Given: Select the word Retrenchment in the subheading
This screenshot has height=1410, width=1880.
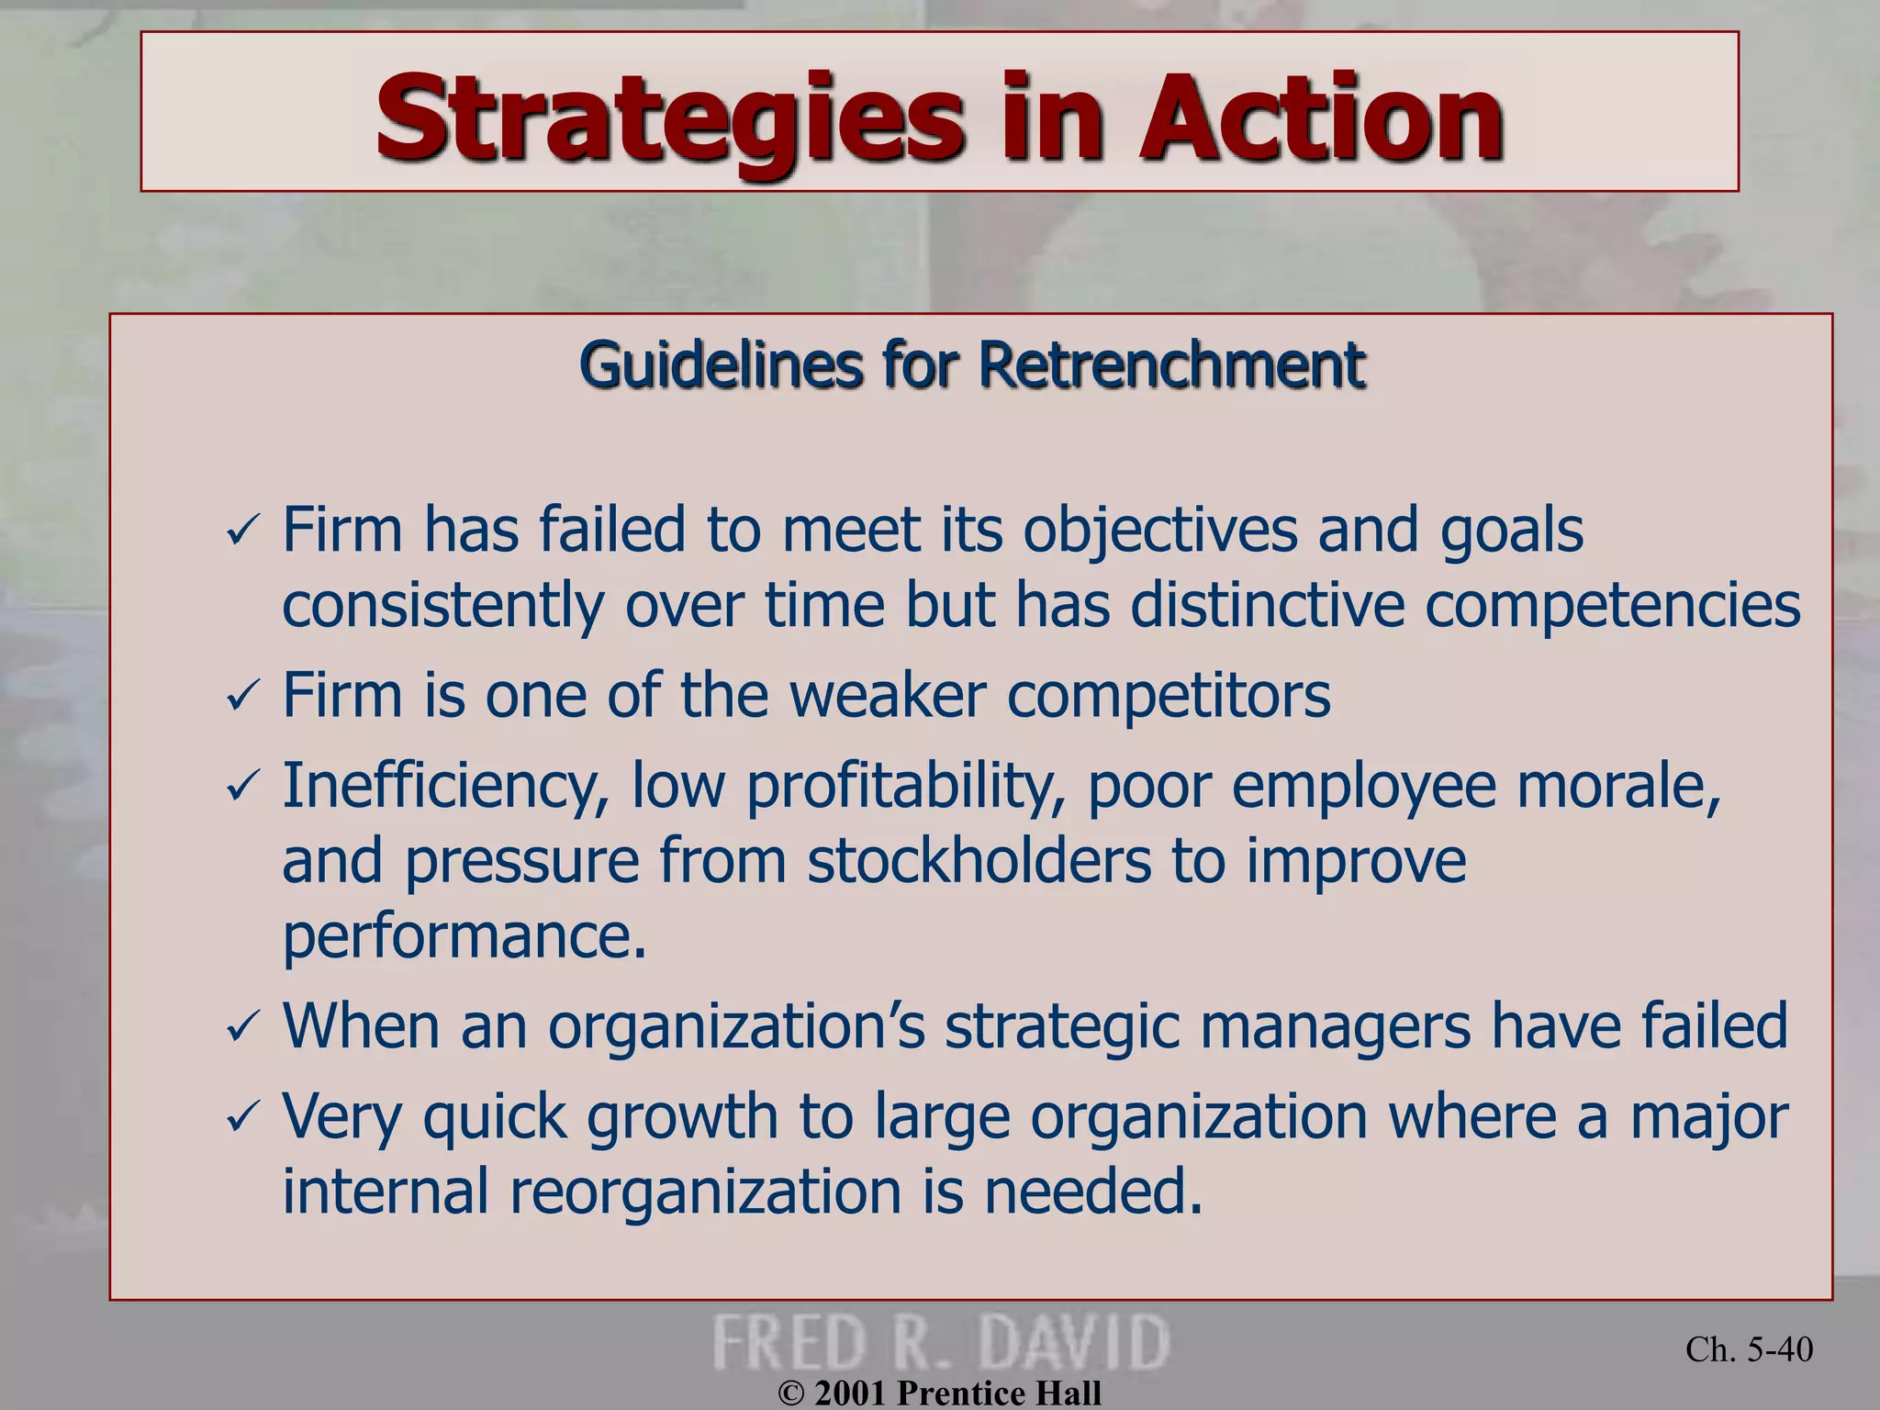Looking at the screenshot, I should point(1171,365).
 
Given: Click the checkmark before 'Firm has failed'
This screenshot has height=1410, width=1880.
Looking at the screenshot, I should point(243,532).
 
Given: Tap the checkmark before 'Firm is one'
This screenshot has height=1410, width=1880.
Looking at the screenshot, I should point(243,698).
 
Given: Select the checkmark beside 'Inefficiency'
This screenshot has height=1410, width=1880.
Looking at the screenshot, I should point(243,788).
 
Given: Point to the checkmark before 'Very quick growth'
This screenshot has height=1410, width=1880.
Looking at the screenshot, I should point(243,1117).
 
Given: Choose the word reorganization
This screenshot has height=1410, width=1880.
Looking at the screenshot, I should point(705,1192).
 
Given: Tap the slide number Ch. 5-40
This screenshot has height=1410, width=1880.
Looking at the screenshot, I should point(1749,1349).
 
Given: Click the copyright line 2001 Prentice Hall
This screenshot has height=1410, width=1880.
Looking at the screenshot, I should point(940,1393).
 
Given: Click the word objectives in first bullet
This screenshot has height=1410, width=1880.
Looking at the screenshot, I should point(1159,532).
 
